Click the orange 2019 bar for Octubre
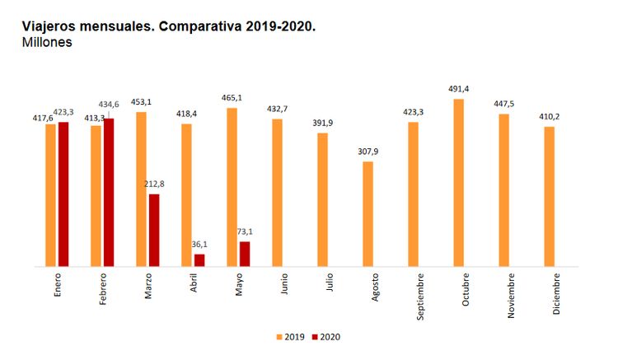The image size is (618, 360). coord(458,183)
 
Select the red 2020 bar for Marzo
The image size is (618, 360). coord(154,231)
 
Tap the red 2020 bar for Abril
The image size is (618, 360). coord(199,260)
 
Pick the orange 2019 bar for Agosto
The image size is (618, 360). coord(368,214)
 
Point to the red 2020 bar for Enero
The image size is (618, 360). coord(63,194)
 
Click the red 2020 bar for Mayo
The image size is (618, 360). coord(245,255)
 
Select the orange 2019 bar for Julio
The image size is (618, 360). coord(322,200)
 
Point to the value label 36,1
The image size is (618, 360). coord(200,244)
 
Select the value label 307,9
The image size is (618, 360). coord(368,152)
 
